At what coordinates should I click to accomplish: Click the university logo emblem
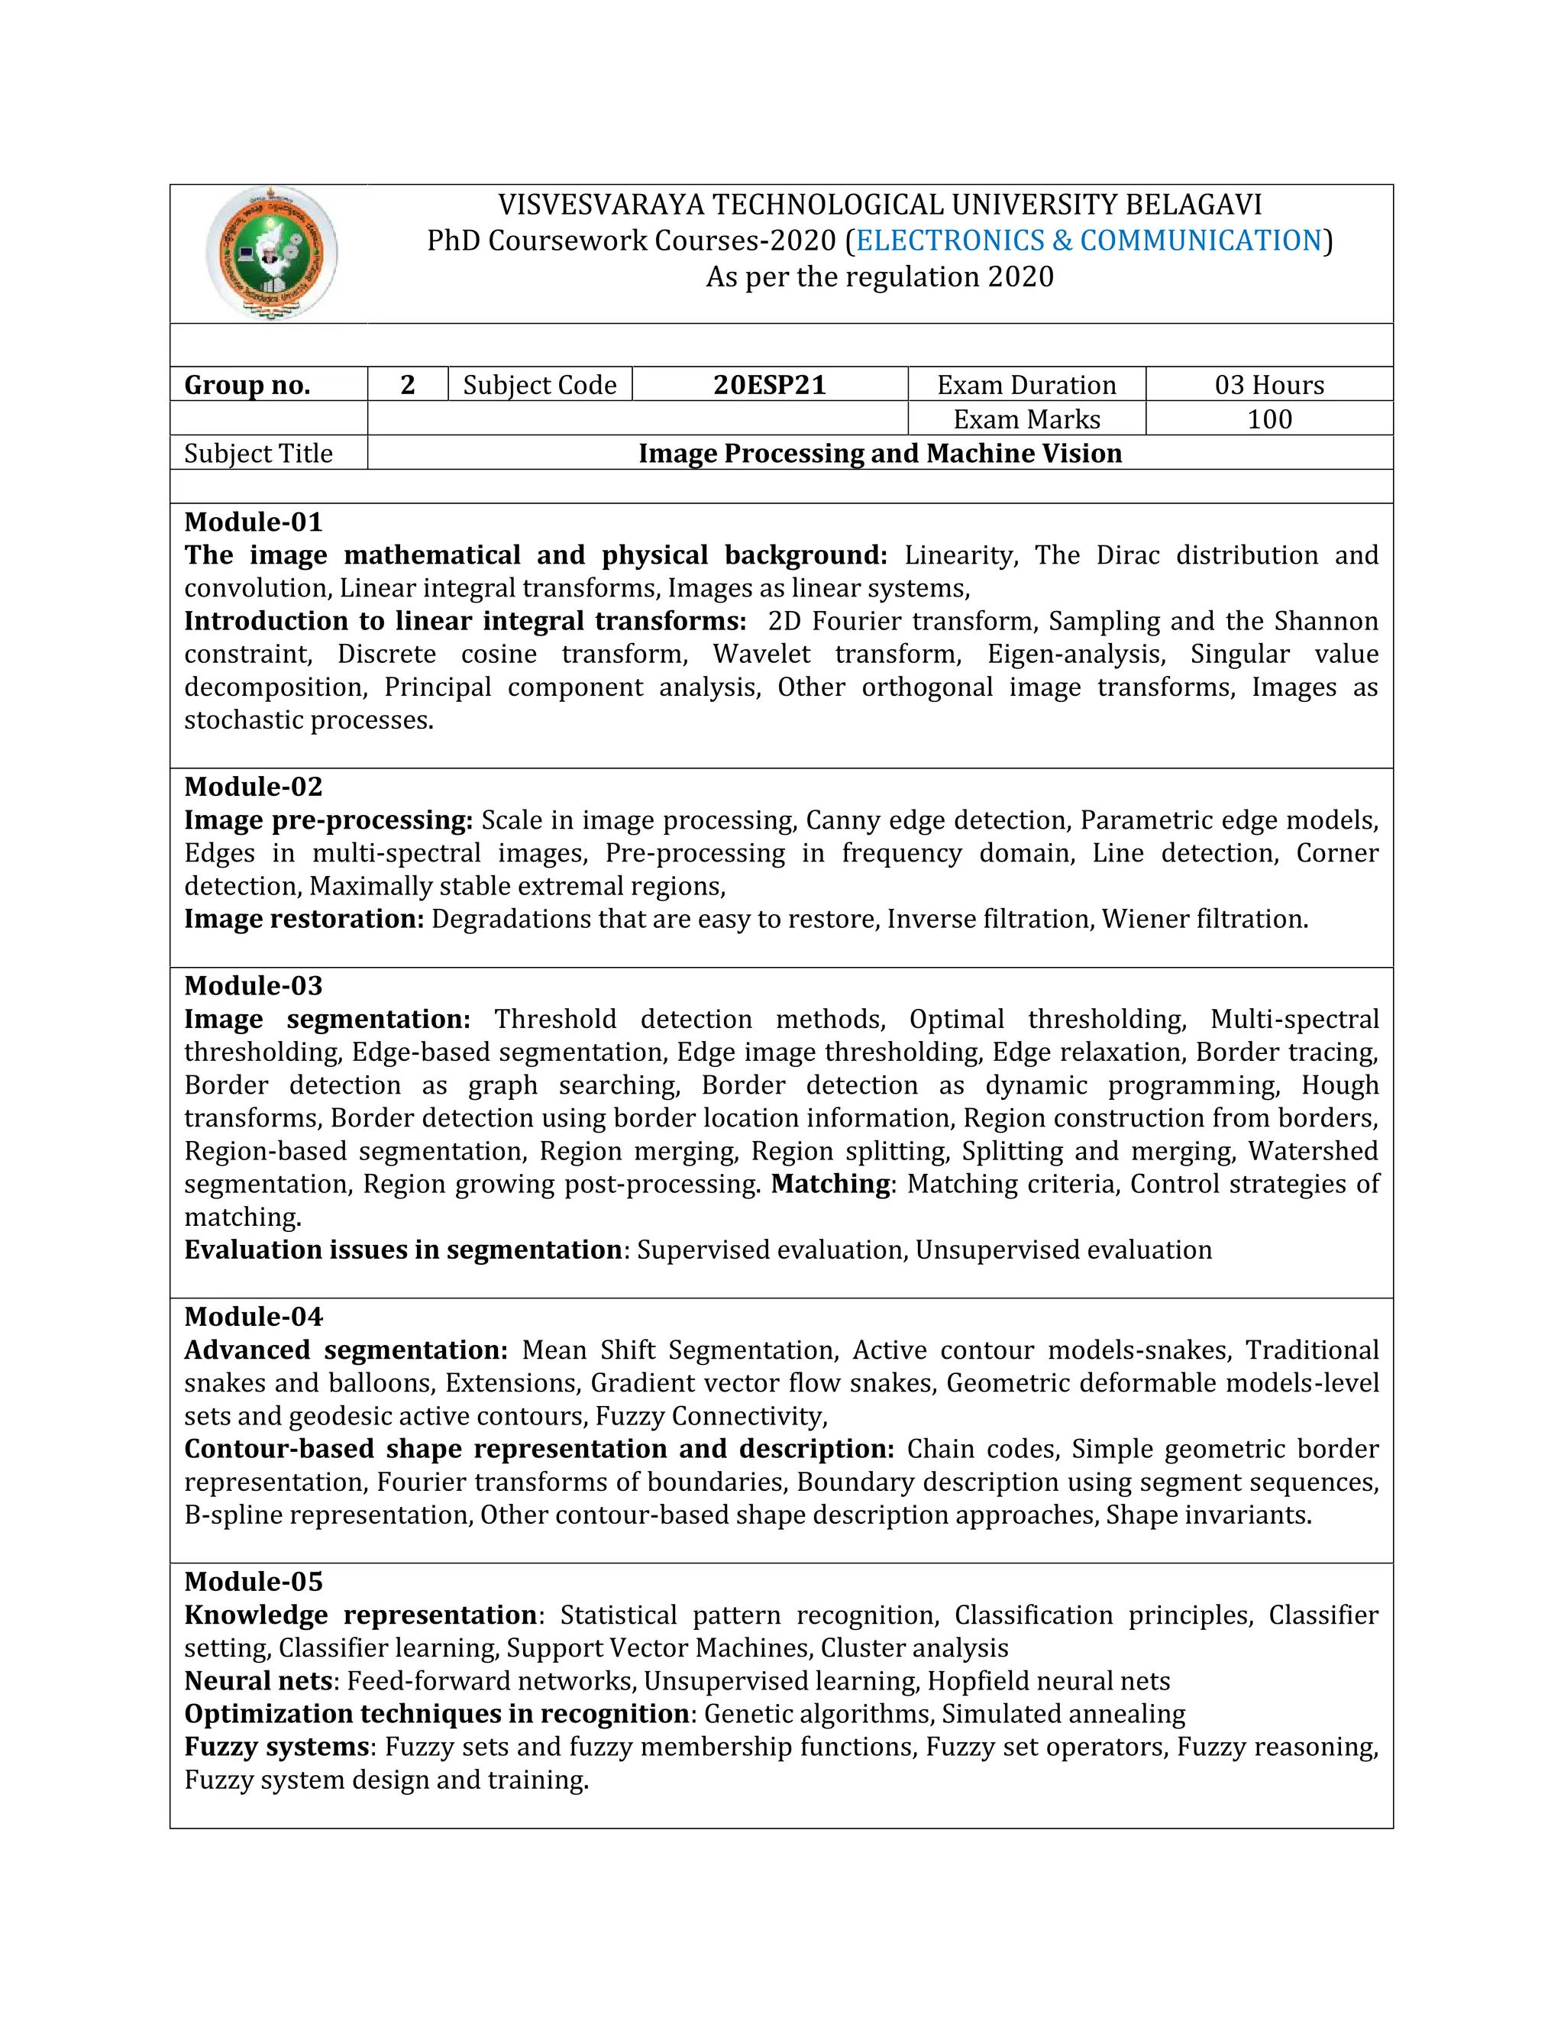[x=270, y=254]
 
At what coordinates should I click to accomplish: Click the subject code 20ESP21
[x=769, y=385]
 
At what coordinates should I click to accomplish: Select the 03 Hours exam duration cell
[x=1268, y=385]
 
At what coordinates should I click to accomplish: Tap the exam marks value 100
[x=1268, y=419]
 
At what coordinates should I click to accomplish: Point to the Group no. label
[x=247, y=385]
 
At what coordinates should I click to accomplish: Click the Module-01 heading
[x=253, y=522]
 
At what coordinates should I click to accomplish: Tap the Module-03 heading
[x=253, y=985]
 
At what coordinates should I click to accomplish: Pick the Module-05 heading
[x=253, y=1581]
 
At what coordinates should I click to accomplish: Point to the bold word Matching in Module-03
[x=831, y=1183]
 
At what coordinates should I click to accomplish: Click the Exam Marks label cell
[x=1026, y=419]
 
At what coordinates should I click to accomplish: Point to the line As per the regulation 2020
[x=879, y=277]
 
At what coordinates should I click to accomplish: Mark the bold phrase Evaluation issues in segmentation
[x=403, y=1250]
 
